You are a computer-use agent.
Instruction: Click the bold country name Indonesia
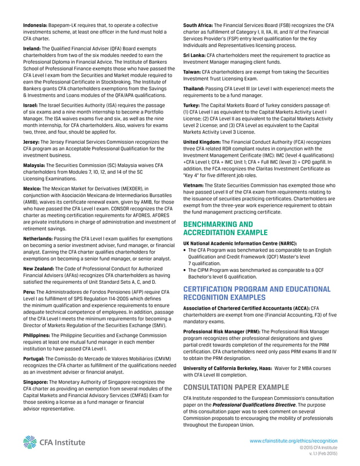[35, 25]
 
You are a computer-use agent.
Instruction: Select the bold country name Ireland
[32, 49]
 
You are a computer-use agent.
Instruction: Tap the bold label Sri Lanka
[195, 55]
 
